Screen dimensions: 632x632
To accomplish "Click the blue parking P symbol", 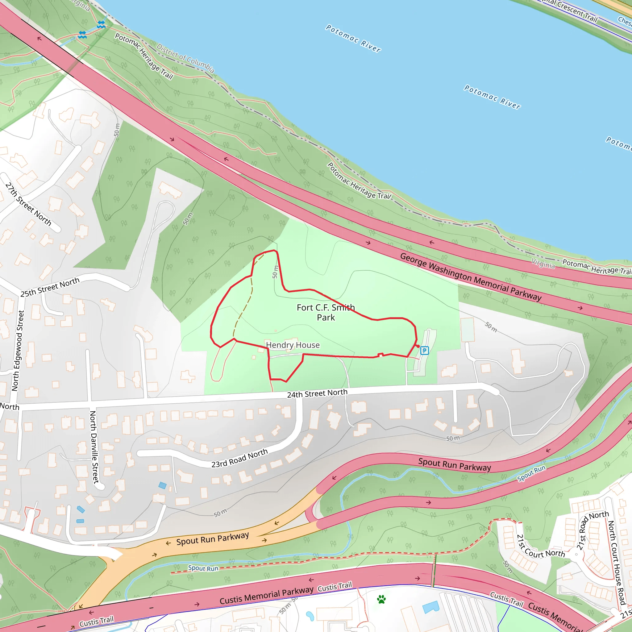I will tap(424, 351).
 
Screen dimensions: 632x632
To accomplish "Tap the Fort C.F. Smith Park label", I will tap(326, 312).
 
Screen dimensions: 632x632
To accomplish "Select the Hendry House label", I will tap(293, 345).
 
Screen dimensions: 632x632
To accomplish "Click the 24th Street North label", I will tap(317, 393).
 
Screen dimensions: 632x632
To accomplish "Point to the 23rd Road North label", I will tap(239, 458).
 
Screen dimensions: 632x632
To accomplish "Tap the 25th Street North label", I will tap(50, 287).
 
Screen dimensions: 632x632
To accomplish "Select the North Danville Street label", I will tap(94, 447).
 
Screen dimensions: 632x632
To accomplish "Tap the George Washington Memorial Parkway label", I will tap(471, 277).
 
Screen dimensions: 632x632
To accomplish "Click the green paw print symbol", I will tap(381, 599).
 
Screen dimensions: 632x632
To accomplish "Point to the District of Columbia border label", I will tap(185, 58).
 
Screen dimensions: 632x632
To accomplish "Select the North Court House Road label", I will tap(616, 562).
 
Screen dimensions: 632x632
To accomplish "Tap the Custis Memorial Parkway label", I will tap(266, 595).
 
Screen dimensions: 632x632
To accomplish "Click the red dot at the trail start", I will tap(418, 346).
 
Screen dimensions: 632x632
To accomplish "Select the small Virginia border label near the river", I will tap(543, 264).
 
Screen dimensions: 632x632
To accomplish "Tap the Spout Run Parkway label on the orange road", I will tap(213, 538).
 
